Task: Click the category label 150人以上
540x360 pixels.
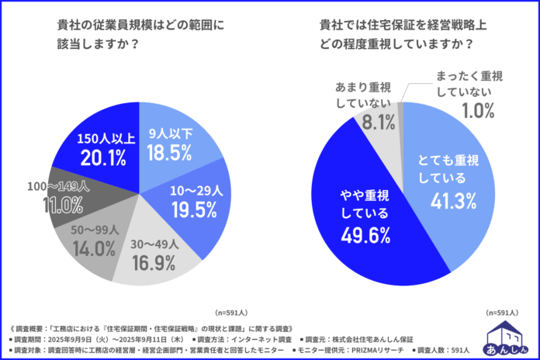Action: click(103, 139)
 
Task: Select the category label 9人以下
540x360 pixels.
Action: click(169, 133)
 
